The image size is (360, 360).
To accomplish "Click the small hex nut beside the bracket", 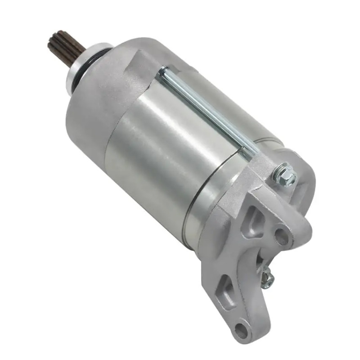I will [x=267, y=278].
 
